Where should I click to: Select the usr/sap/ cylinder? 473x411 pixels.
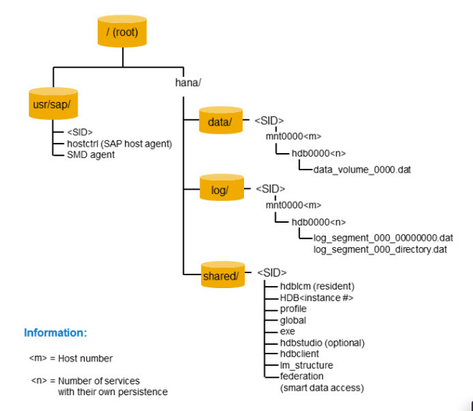pyautogui.click(x=53, y=106)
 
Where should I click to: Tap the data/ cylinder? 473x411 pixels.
pyautogui.click(x=220, y=121)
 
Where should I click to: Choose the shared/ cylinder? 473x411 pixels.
pyautogui.click(x=220, y=275)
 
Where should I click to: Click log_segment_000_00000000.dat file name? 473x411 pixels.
pyautogui.click(x=383, y=238)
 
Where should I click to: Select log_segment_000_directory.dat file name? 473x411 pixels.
pyautogui.click(x=380, y=249)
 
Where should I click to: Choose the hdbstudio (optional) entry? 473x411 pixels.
pyautogui.click(x=322, y=343)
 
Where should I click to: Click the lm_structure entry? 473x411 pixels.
pyautogui.click(x=306, y=365)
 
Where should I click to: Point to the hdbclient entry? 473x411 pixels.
pyautogui.click(x=299, y=354)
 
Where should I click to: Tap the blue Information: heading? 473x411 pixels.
pyautogui.click(x=55, y=333)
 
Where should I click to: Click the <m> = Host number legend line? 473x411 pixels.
pyautogui.click(x=70, y=358)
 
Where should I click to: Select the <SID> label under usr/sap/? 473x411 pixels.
pyautogui.click(x=79, y=132)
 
